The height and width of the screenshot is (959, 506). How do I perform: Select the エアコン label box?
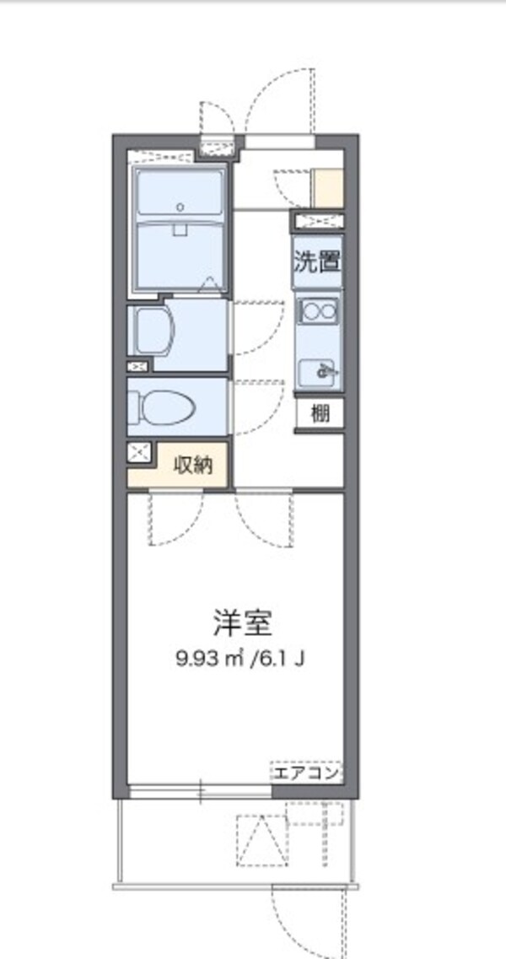click(305, 773)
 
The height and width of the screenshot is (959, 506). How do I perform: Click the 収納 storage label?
click(193, 465)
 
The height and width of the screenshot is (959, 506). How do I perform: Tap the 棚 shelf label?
click(320, 414)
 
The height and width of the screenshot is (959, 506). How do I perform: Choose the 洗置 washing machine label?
click(317, 261)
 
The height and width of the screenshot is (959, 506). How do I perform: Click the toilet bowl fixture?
click(164, 409)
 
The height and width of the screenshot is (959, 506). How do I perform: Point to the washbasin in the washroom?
click(157, 331)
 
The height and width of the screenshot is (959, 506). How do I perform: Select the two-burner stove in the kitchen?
click(319, 311)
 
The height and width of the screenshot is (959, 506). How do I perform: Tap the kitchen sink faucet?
click(321, 369)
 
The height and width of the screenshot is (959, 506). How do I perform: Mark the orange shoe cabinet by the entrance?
click(328, 188)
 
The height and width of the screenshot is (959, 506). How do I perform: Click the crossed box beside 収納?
click(139, 452)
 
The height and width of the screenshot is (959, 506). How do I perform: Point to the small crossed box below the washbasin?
click(137, 367)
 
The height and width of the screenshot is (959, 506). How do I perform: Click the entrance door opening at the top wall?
click(279, 141)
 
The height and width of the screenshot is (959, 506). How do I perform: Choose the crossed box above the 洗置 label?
click(318, 222)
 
